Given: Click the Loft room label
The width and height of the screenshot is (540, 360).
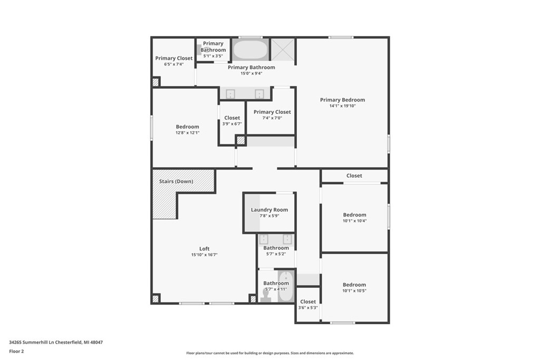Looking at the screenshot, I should tap(204, 249).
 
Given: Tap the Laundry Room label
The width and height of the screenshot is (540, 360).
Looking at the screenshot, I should tap(269, 210).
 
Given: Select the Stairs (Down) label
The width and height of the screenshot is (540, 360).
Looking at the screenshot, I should tap(176, 181).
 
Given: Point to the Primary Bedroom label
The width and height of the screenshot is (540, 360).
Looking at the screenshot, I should tap(342, 100).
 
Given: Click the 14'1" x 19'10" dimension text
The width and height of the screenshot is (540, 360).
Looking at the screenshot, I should tap(342, 106).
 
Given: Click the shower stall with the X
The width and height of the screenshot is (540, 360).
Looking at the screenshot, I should tap(282, 50).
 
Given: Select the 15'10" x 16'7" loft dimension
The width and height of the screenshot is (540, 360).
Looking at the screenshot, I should tap(204, 255).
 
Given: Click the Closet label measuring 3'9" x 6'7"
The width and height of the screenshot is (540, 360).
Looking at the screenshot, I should tap(232, 118).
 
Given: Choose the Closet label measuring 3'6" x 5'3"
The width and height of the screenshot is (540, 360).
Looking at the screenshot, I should tap(308, 302).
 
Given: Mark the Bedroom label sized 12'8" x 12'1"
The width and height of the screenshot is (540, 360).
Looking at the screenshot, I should tap(187, 127).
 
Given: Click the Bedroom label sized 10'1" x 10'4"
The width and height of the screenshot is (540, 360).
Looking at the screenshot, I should tap(354, 215).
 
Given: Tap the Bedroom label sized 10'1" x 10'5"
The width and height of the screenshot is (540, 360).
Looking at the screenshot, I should tap(354, 285).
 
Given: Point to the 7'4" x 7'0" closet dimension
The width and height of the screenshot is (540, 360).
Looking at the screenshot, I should tap(272, 118).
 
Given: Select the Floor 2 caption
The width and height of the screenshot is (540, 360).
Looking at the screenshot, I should tap(16, 351).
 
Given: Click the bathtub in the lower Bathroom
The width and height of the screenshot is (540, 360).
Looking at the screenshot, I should tap(286, 287).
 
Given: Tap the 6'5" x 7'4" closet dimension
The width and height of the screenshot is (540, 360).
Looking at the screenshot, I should tap(173, 64).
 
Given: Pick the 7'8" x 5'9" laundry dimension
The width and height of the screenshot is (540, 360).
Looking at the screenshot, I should tap(269, 216).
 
